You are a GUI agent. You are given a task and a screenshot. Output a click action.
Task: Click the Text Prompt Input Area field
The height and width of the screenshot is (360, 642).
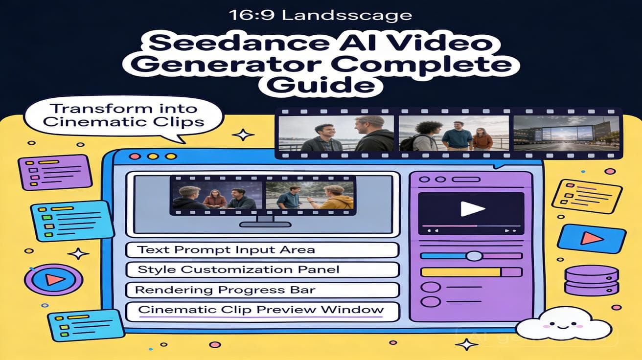click(263, 250)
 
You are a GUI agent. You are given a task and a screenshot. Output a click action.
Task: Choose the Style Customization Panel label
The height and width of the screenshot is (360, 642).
click(263, 270)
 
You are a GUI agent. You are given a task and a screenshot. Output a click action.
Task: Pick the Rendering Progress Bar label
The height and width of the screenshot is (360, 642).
click(263, 290)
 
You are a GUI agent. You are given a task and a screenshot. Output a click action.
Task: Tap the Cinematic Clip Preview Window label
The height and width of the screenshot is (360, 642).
click(263, 310)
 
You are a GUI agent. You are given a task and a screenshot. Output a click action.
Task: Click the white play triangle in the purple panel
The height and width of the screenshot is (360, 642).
click(472, 209)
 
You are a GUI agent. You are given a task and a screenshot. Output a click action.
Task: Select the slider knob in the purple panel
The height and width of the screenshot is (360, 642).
click(474, 255)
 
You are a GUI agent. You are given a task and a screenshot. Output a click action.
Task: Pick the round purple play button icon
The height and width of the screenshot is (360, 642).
click(51, 280)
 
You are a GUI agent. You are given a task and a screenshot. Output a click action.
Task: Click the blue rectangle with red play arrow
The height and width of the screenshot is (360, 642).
click(592, 238)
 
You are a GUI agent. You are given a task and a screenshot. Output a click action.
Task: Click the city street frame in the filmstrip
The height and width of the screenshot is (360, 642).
click(566, 133)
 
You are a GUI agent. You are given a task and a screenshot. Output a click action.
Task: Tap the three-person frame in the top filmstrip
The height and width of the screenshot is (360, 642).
click(454, 133)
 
